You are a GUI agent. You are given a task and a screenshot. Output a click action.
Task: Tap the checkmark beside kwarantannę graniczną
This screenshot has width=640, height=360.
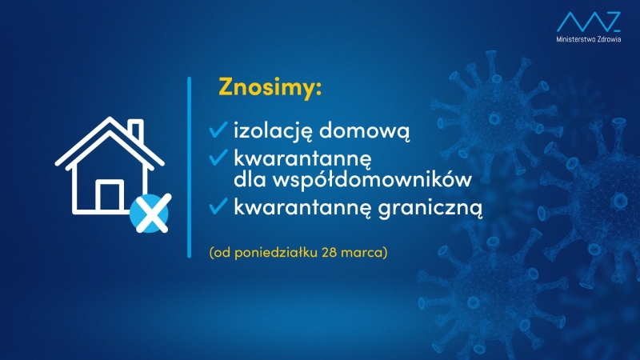pyautogui.click(x=218, y=206)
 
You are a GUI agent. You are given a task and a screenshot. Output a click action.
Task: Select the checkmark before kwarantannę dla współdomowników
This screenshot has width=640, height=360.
pyautogui.click(x=218, y=156)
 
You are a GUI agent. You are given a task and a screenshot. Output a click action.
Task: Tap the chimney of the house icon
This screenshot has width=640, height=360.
pyautogui.click(x=136, y=130)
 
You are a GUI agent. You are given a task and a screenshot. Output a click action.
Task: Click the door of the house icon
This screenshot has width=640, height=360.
pyautogui.click(x=109, y=196)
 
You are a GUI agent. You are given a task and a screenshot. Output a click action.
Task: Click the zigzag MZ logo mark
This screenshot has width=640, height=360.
pyautogui.click(x=588, y=20)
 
